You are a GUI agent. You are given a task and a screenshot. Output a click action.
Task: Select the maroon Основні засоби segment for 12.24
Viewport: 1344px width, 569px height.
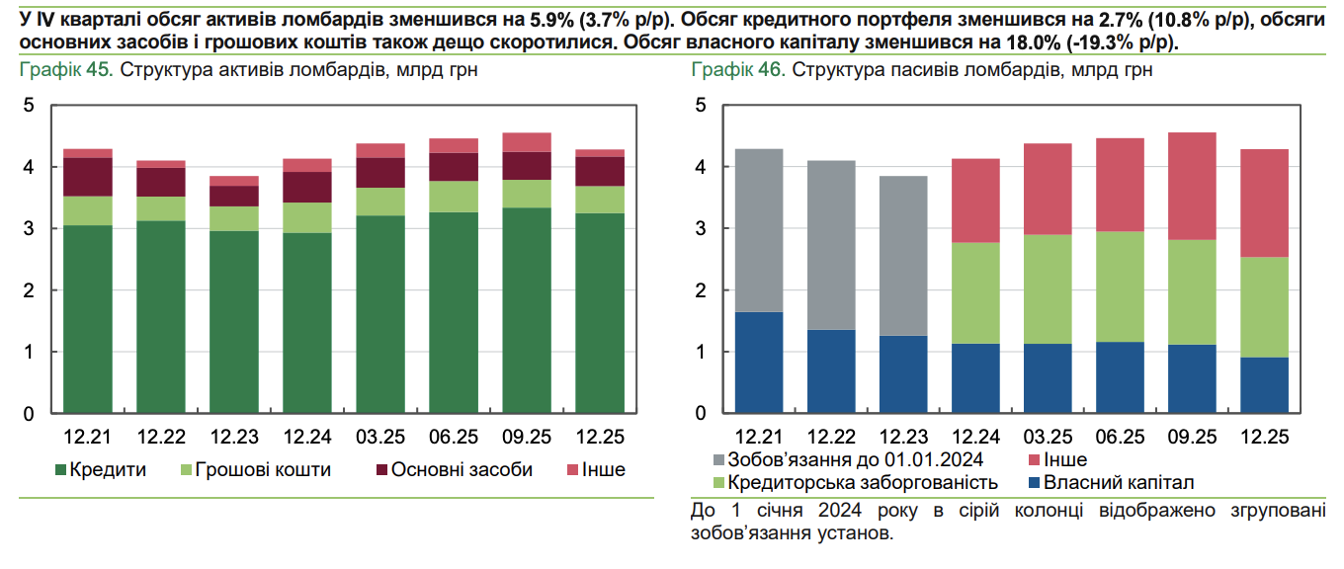tap(307, 187)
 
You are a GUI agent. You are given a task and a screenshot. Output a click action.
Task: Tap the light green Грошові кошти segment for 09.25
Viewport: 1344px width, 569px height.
tap(527, 194)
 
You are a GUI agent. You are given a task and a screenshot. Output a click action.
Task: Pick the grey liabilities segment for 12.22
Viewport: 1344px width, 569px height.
tap(831, 245)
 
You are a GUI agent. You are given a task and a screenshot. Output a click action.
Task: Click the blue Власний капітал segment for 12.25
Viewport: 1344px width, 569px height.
tap(1265, 384)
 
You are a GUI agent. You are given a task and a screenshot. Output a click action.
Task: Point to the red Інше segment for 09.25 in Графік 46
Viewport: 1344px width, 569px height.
tap(1192, 186)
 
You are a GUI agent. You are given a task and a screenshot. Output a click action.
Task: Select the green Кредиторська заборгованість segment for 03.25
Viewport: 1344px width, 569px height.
tap(1048, 288)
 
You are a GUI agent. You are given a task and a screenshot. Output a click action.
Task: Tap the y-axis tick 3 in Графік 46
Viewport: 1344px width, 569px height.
tap(701, 228)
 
